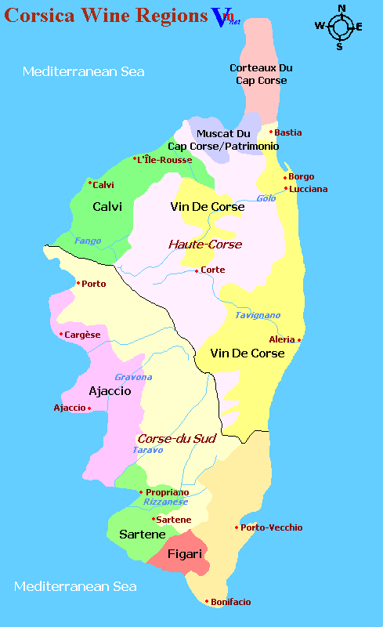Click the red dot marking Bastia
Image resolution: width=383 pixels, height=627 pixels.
click(x=272, y=132)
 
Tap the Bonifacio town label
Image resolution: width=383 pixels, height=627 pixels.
click(x=230, y=602)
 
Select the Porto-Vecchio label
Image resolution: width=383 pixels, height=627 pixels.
click(x=272, y=527)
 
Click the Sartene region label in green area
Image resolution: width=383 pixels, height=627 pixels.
click(x=142, y=535)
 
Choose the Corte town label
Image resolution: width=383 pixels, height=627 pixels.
click(x=213, y=270)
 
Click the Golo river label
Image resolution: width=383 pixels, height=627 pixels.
click(x=266, y=198)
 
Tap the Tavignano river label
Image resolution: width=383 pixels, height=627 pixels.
click(x=258, y=315)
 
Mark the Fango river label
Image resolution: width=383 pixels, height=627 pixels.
click(x=88, y=241)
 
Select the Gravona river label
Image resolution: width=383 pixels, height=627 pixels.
click(x=133, y=377)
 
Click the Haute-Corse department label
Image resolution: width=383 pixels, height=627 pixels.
click(x=205, y=245)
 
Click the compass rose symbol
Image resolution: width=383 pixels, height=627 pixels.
click(x=341, y=27)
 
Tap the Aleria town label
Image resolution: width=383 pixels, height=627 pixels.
click(x=281, y=339)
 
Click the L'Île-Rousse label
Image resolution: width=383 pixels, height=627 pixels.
click(x=165, y=160)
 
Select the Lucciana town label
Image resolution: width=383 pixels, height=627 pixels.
click(x=309, y=189)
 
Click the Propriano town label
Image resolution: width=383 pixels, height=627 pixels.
click(x=167, y=492)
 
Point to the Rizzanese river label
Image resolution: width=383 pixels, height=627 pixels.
click(x=165, y=502)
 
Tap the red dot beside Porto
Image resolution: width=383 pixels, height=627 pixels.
click(x=78, y=284)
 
